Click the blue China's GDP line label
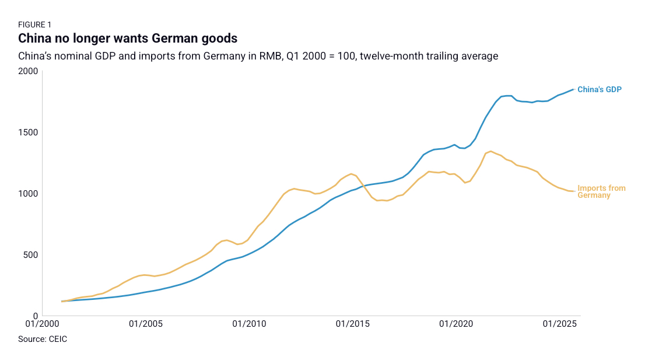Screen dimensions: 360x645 tap(600, 89)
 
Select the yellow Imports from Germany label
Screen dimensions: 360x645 tap(601, 192)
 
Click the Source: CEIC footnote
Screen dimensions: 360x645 tap(43, 339)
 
